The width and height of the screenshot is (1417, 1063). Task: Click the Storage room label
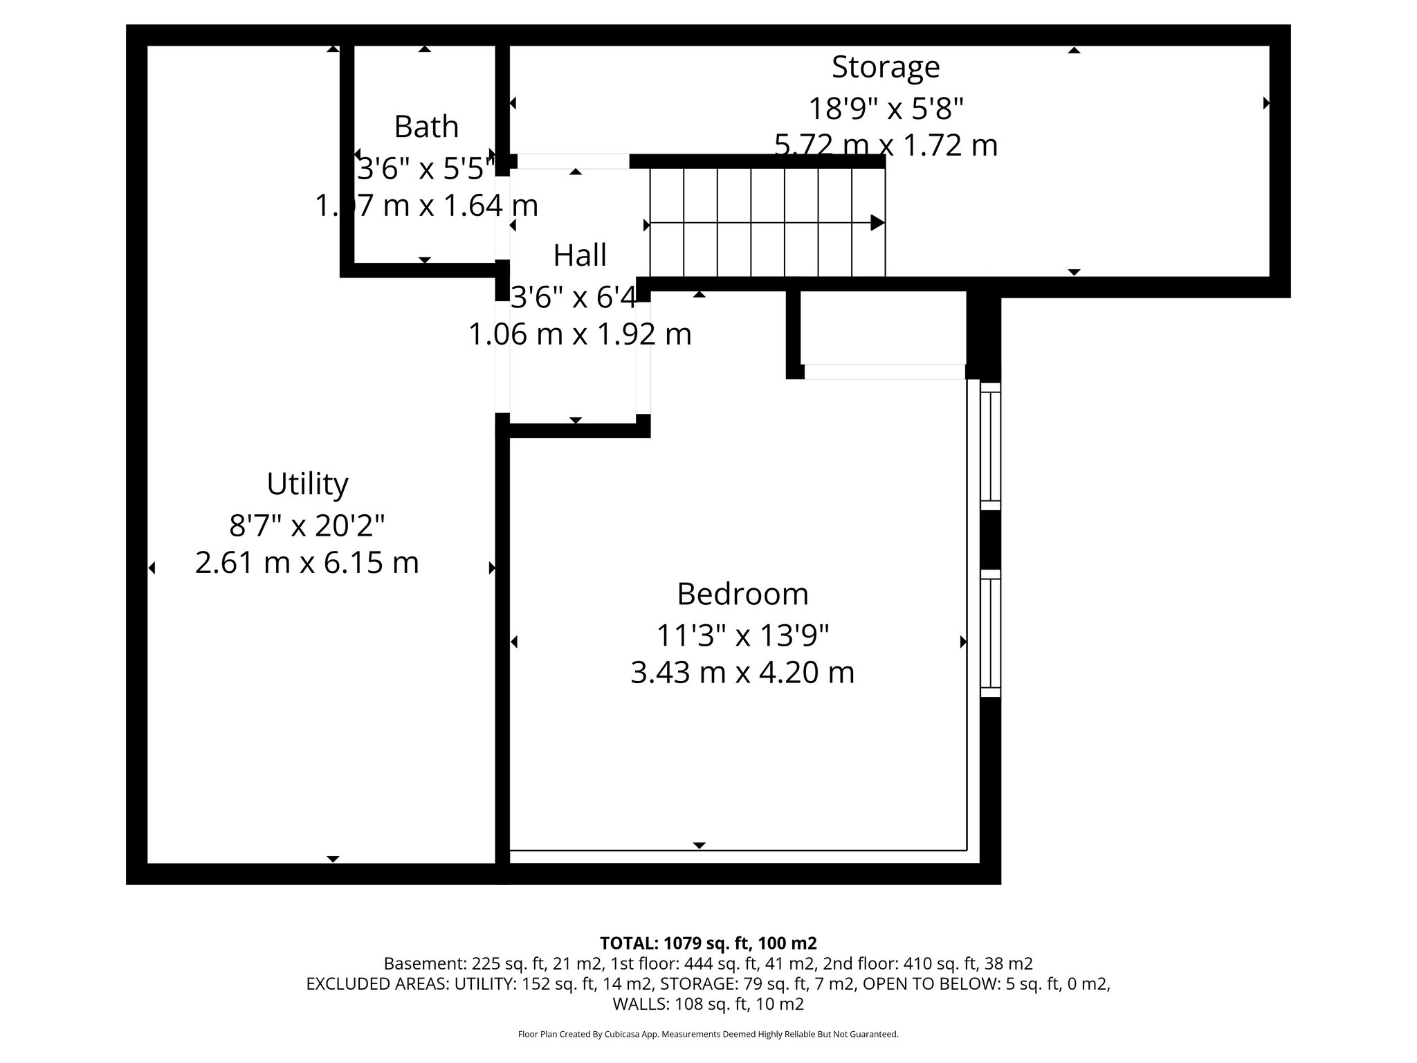(885, 67)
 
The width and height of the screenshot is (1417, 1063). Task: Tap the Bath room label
(426, 127)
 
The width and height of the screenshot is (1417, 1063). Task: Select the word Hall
(580, 255)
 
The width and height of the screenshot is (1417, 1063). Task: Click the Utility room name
(307, 484)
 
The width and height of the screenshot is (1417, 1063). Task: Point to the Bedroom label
(742, 594)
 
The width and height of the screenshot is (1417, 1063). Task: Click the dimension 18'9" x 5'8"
(886, 109)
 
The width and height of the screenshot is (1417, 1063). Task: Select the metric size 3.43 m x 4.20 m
(742, 673)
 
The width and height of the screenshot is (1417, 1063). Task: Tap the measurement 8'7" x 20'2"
(307, 526)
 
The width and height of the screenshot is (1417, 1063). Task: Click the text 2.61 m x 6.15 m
(307, 563)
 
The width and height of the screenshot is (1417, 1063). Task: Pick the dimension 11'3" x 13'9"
(742, 635)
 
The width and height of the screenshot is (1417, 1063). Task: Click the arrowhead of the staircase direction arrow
(877, 223)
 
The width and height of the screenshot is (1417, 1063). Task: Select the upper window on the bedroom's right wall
(991, 446)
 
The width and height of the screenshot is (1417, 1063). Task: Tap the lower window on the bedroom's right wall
(991, 633)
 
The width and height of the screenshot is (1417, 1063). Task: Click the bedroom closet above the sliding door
(883, 327)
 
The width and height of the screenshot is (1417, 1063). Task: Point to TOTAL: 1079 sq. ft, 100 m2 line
(708, 943)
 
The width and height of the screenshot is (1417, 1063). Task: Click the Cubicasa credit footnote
(708, 1034)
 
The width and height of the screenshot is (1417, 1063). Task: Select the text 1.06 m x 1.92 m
(580, 335)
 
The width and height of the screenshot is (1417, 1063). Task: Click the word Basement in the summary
(424, 963)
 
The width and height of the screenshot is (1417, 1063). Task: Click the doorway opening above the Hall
(573, 161)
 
